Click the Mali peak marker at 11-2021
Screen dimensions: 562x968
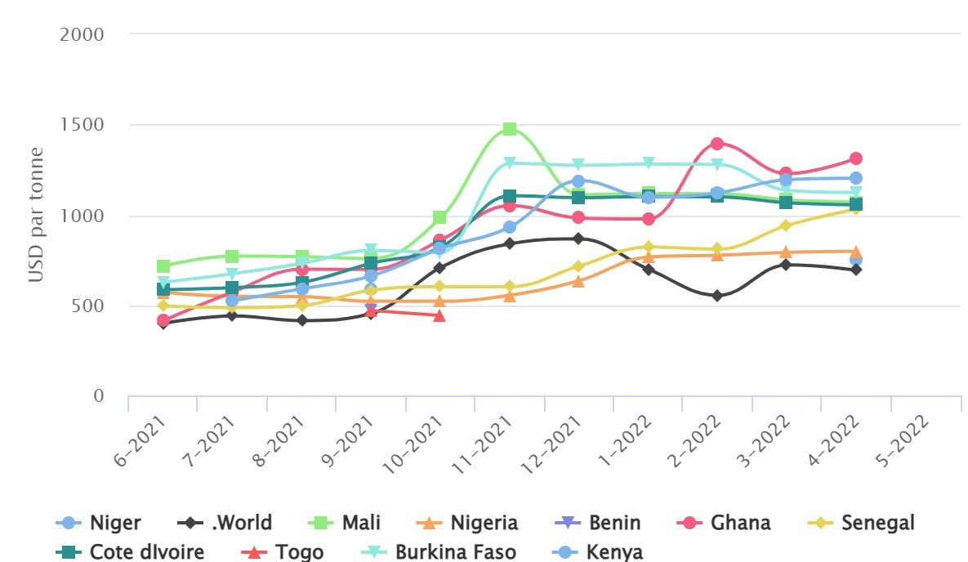click(510, 129)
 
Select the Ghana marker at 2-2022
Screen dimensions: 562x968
click(717, 144)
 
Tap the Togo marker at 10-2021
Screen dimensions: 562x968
click(439, 315)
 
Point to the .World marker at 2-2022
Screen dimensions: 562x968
click(717, 296)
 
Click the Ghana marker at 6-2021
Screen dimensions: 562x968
click(163, 321)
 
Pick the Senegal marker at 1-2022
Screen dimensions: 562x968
click(649, 247)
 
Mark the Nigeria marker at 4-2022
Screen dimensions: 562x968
click(855, 252)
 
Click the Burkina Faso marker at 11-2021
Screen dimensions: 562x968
click(510, 163)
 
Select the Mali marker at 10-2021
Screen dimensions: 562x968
click(439, 217)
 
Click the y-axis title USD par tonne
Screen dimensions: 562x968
click(35, 215)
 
